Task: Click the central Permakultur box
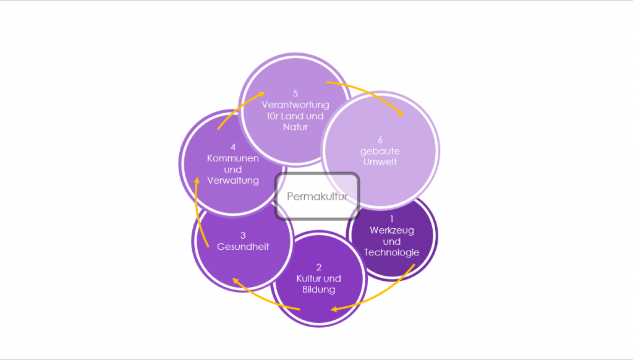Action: coord(317,197)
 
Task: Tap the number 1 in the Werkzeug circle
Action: coord(391,219)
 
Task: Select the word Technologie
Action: coord(392,252)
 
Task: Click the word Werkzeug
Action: coord(392,230)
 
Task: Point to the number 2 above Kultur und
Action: coord(319,267)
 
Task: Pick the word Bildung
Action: coord(319,289)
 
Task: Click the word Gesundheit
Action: coord(243,247)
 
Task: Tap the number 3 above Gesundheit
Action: coord(243,235)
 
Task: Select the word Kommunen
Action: coord(233,158)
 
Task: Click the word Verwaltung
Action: coord(233,181)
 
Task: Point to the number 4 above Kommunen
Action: coord(233,147)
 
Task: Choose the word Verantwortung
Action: coord(295,105)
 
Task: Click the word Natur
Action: coord(295,127)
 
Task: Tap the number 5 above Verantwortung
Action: coord(295,93)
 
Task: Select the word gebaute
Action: coord(381,151)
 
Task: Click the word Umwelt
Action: coord(381,162)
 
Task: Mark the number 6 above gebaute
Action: coord(381,139)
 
